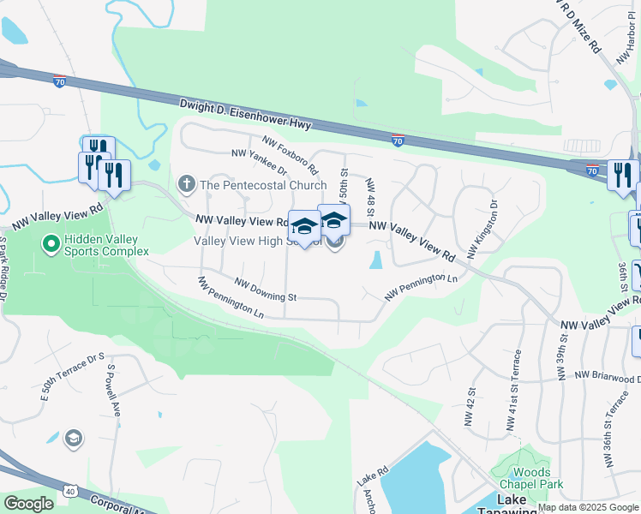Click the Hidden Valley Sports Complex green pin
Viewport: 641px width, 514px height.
point(51,245)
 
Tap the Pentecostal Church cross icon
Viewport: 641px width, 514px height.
point(185,183)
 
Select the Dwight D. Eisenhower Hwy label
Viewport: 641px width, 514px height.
point(245,114)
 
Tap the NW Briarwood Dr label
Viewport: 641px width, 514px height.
point(608,376)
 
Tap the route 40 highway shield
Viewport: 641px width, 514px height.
point(69,491)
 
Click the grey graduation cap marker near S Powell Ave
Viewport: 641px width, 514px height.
point(74,439)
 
